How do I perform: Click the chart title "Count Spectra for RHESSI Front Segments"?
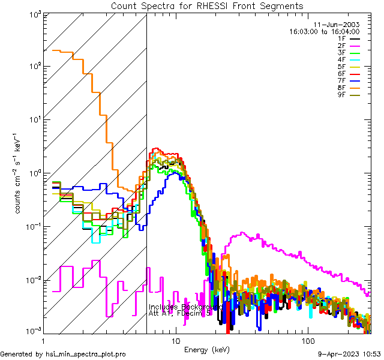(207, 6)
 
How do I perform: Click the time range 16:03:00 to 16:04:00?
(324, 31)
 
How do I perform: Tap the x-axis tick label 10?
(175, 341)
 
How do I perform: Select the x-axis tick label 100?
(307, 341)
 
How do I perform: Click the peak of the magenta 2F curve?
(242, 233)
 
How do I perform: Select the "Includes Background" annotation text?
(184, 307)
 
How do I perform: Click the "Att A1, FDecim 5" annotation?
(180, 313)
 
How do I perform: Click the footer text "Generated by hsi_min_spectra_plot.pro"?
(64, 354)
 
